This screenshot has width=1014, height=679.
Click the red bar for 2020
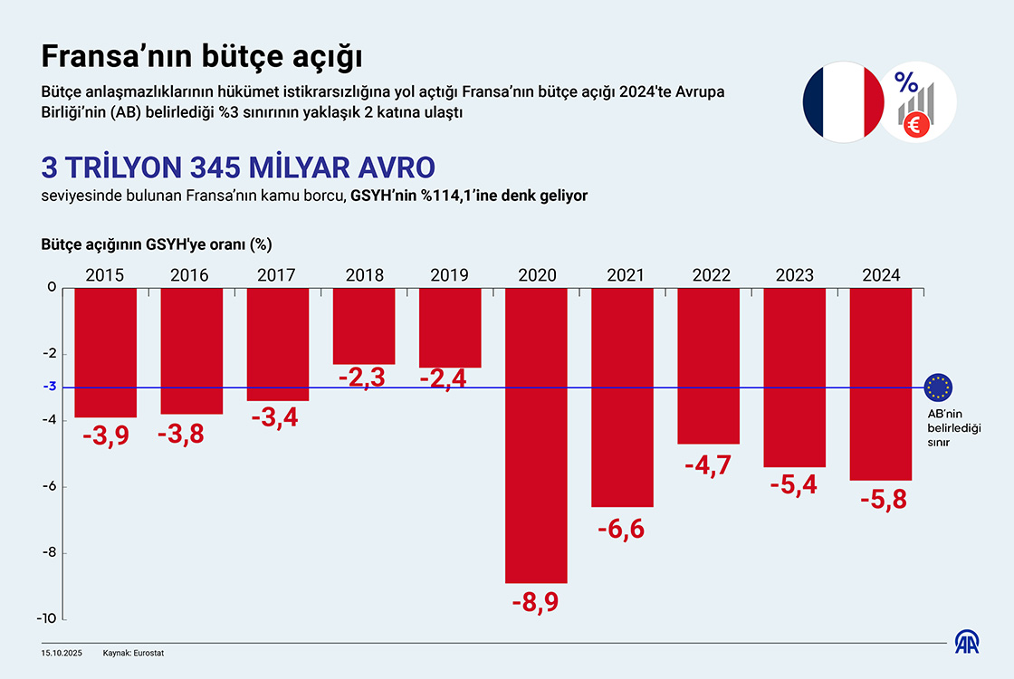click(536, 435)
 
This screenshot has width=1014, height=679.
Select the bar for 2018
click(364, 326)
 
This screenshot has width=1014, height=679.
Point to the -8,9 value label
click(534, 602)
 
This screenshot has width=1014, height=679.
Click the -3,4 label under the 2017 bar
click(278, 418)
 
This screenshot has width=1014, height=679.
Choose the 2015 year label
click(104, 275)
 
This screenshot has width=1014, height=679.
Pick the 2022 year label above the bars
click(709, 275)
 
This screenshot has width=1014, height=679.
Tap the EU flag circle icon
click(939, 387)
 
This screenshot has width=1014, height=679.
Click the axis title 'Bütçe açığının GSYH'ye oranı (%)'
click(157, 244)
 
